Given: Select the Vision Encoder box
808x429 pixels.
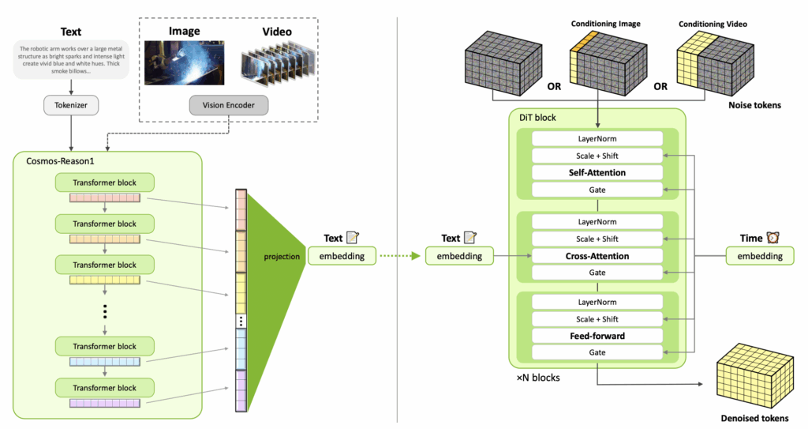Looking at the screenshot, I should pyautogui.click(x=228, y=104).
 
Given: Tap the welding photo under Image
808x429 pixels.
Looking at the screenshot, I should pyautogui.click(x=184, y=63).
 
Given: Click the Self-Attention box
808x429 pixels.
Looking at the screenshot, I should pyautogui.click(x=597, y=172).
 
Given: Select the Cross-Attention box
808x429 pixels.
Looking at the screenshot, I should pyautogui.click(x=597, y=256).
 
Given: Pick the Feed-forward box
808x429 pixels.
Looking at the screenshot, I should pyautogui.click(x=597, y=336).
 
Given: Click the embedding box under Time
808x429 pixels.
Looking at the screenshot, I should pyautogui.click(x=760, y=256).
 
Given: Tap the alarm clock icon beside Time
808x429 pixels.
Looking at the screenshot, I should pyautogui.click(x=772, y=238).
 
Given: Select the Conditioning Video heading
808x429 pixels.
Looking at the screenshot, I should pyautogui.click(x=713, y=24).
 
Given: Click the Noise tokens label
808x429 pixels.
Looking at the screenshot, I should pyautogui.click(x=754, y=104).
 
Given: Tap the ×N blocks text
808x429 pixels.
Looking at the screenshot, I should pyautogui.click(x=538, y=378).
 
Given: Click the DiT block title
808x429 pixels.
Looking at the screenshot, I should pyautogui.click(x=537, y=118).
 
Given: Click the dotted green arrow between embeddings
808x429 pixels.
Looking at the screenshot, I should pyautogui.click(x=399, y=255).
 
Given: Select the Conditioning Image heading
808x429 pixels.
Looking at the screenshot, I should pyautogui.click(x=604, y=24).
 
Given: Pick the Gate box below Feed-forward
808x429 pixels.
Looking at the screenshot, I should pyautogui.click(x=597, y=352).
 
